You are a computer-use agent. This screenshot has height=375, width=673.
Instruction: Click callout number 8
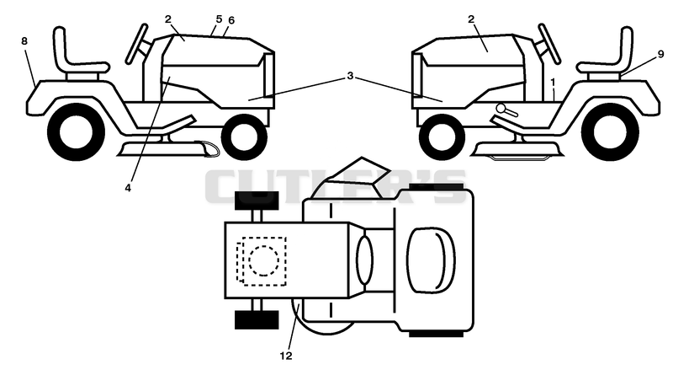point(24,40)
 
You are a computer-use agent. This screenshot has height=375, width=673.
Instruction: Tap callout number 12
point(286,356)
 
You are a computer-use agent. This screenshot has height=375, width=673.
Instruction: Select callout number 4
point(128,188)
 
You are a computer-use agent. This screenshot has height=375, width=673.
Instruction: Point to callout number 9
point(660,54)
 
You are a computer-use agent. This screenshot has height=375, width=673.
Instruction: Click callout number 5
point(219,19)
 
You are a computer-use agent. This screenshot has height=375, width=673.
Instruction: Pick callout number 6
point(231,20)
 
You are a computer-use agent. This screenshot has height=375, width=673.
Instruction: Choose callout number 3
point(350,76)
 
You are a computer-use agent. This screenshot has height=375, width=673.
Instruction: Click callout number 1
point(553,82)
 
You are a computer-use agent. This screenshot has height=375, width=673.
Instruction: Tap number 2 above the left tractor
point(167,19)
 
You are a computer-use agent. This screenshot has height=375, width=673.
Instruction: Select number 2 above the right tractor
point(471,19)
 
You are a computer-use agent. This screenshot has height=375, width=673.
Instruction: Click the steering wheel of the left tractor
point(135,45)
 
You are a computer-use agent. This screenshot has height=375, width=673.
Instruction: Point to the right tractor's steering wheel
point(550,44)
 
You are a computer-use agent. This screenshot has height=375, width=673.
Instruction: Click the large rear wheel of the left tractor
point(76,132)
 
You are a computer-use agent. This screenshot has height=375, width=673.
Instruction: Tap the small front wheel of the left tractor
point(244,137)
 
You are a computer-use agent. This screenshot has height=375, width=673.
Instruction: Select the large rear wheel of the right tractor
point(610,132)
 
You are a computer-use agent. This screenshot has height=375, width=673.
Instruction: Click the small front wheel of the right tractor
point(442,137)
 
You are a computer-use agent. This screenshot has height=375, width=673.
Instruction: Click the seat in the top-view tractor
point(431,260)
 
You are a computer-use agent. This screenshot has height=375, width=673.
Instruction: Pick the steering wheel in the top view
point(364,260)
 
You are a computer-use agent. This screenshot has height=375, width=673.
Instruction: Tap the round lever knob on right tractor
point(501,108)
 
